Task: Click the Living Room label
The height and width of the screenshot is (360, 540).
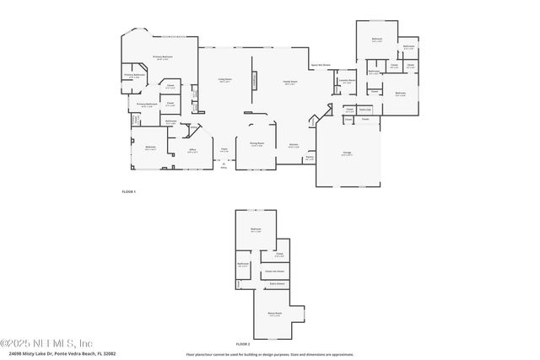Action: [225, 81]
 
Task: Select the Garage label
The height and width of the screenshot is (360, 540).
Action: [347, 153]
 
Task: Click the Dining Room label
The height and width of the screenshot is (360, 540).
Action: [256, 144]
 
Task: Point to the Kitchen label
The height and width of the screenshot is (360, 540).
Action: [294, 144]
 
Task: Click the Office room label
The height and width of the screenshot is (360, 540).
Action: [192, 152]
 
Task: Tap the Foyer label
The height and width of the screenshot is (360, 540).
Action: [224, 151]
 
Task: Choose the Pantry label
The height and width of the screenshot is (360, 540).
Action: [310, 158]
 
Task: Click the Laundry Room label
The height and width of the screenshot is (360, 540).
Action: [347, 82]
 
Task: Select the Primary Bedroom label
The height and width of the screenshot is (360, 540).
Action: [162, 58]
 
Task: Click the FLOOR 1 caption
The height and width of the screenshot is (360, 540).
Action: [128, 193]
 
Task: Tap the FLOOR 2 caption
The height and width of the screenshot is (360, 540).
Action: [243, 345]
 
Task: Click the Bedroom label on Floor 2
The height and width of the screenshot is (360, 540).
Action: [255, 229]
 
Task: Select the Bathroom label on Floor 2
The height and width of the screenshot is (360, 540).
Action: [243, 265]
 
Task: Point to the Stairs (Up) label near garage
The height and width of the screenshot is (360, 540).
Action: [365, 109]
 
